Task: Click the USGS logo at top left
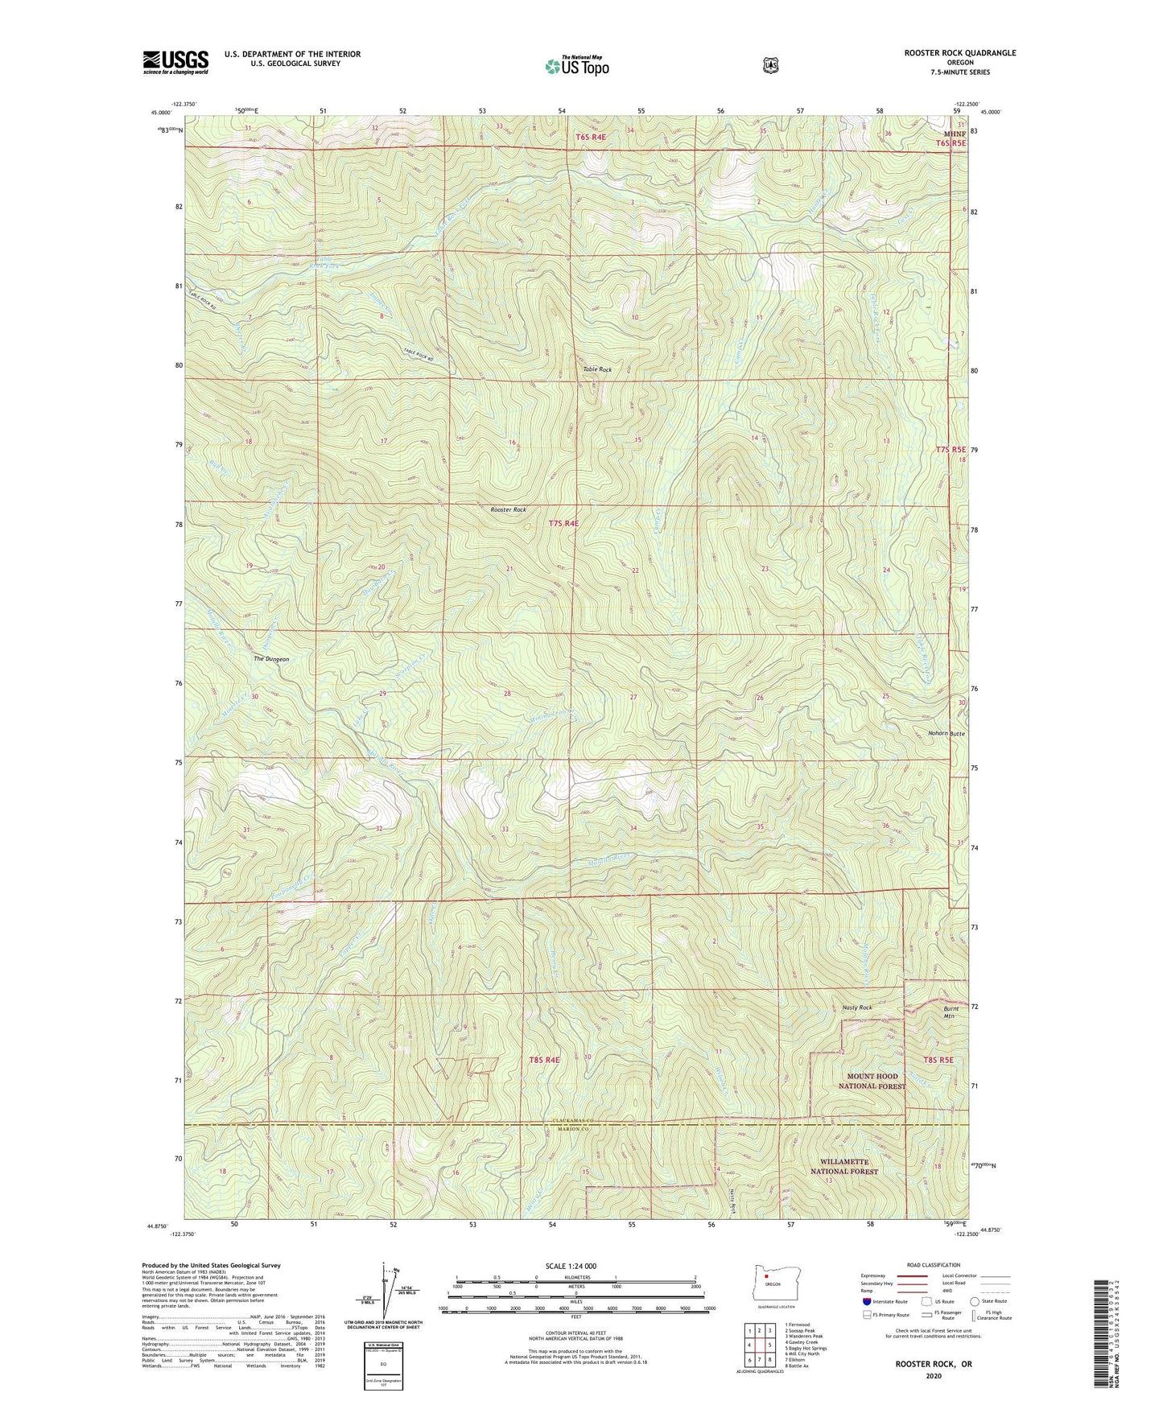[x=175, y=62]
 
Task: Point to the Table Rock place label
[x=597, y=369]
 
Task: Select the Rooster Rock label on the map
[x=508, y=510]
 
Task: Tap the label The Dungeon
[x=271, y=659]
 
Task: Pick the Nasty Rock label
[x=857, y=1007]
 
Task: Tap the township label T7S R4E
[x=563, y=524]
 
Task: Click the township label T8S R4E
[x=544, y=1061]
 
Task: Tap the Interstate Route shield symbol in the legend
[x=866, y=1301]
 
